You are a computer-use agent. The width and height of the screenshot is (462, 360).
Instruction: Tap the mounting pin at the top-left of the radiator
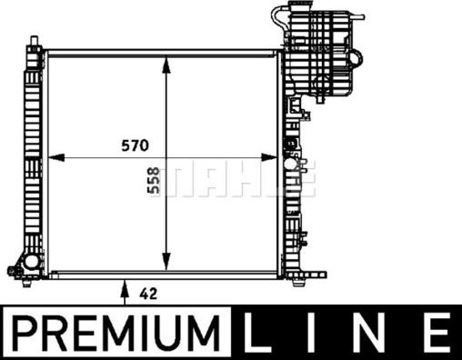point(34,41)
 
